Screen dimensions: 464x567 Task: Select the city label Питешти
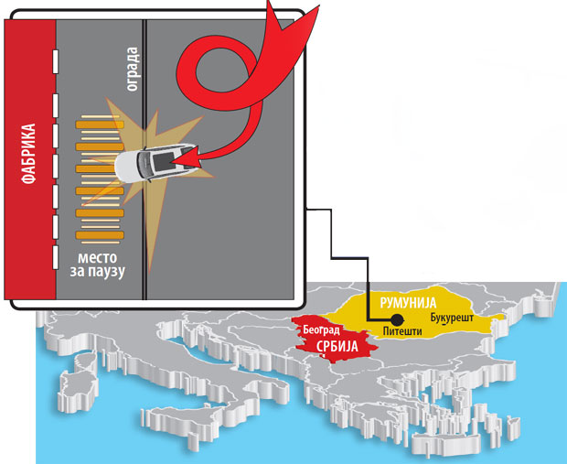[402, 330]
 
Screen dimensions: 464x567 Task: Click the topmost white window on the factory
[57, 59]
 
